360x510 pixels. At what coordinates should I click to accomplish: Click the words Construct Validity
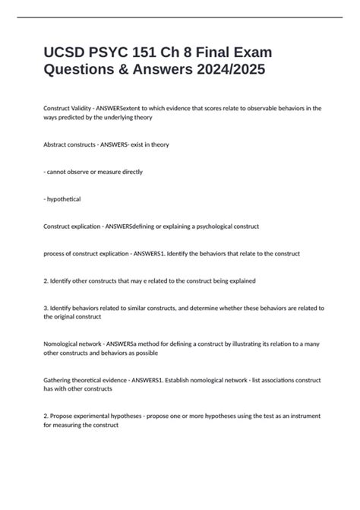(x=65, y=108)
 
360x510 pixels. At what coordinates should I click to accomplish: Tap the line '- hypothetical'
(x=62, y=199)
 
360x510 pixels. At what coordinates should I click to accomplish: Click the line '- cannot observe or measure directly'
(x=93, y=172)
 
